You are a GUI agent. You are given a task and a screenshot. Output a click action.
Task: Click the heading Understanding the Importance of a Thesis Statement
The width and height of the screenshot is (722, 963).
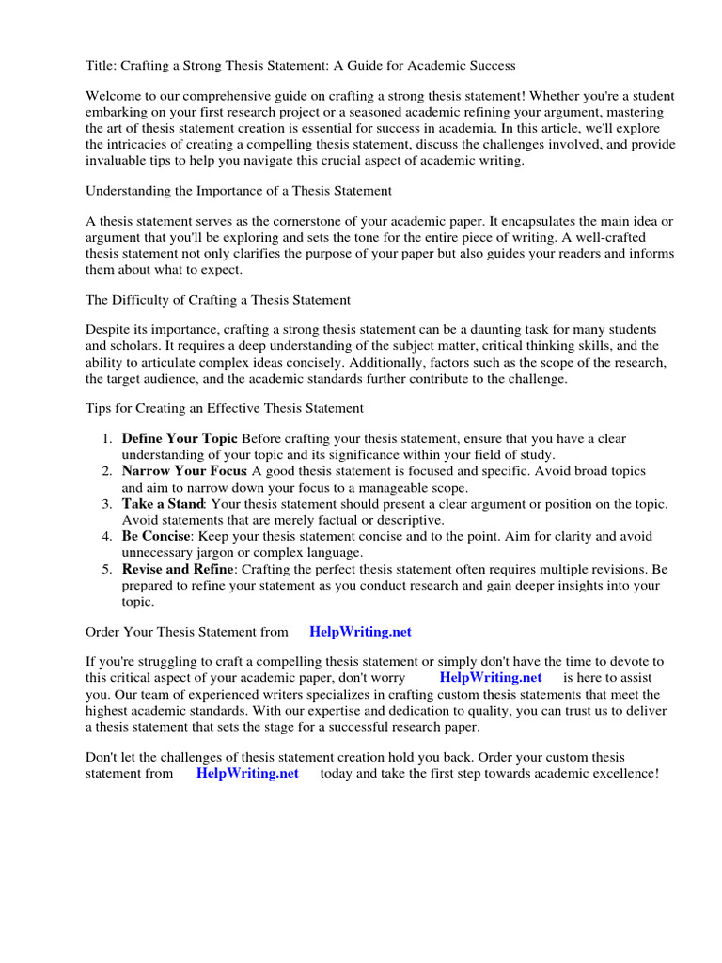[239, 191]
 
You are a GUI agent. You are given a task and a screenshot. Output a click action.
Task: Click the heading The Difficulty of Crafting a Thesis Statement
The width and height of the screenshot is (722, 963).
[218, 300]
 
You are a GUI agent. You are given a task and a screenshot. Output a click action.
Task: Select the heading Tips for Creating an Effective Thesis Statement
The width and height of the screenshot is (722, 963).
[225, 409]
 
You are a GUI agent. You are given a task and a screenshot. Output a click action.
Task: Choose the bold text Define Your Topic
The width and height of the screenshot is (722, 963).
[180, 439]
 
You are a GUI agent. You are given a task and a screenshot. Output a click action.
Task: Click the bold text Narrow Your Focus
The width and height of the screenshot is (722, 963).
[184, 471]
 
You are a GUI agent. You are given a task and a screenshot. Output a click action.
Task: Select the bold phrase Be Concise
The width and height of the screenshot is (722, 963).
[157, 537]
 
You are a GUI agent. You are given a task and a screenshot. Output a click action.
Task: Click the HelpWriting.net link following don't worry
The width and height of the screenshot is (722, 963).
[490, 678]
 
